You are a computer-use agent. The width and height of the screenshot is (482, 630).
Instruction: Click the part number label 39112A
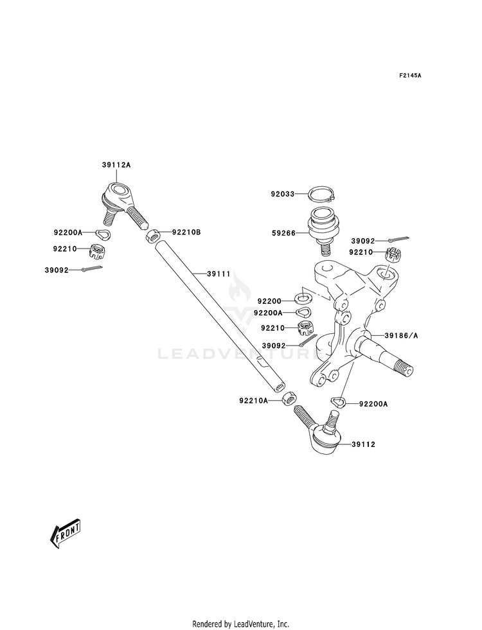coord(116,165)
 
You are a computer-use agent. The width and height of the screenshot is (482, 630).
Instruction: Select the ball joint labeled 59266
coord(324,229)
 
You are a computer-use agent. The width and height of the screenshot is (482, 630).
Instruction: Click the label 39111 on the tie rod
coord(219,274)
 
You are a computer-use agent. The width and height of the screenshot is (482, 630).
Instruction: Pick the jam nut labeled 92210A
coord(289,399)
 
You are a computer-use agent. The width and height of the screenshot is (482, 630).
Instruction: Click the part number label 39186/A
coord(401,335)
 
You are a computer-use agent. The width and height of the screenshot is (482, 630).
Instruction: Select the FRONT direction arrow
coord(65,533)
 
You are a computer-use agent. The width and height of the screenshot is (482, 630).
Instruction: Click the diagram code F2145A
coord(410,75)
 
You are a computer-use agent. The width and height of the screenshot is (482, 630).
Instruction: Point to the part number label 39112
coord(363,444)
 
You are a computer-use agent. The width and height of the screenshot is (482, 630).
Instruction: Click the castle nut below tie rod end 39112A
coord(97,251)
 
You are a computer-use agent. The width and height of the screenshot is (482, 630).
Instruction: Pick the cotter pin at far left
coord(92,269)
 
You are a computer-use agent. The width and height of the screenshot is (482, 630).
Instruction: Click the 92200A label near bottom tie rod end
coord(373,404)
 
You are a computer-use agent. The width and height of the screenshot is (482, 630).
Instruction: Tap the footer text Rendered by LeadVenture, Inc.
coord(241,624)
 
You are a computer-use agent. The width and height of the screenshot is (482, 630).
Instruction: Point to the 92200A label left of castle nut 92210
coord(67,232)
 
